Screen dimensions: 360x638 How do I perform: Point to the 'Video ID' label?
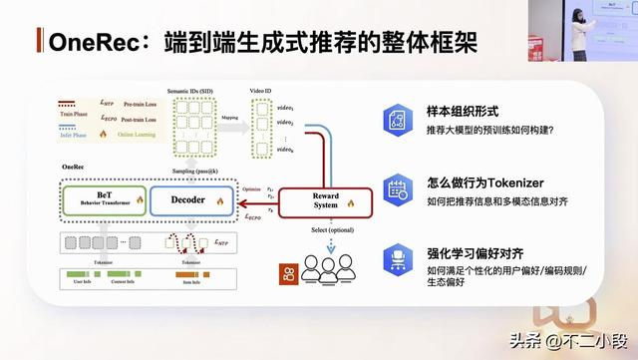[261, 91]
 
